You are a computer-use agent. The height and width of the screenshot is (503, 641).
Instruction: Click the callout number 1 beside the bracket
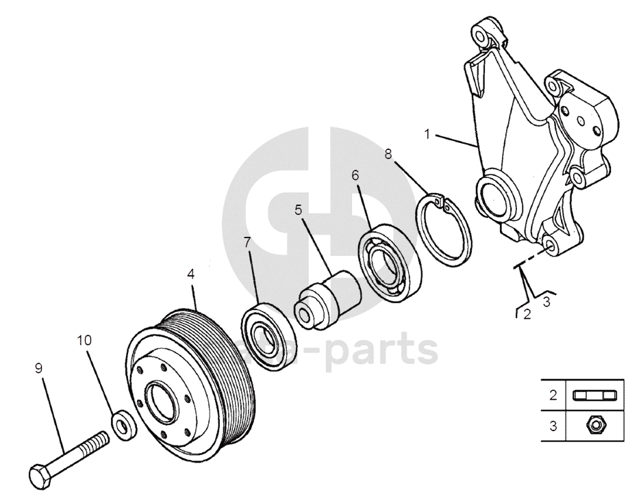pyautogui.click(x=427, y=134)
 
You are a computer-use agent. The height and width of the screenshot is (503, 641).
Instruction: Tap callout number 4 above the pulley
pyautogui.click(x=191, y=274)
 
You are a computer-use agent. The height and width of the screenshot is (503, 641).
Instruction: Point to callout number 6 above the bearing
pyautogui.click(x=355, y=175)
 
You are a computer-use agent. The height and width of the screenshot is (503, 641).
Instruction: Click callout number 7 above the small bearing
pyautogui.click(x=247, y=242)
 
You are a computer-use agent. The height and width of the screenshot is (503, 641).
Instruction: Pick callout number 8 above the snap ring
pyautogui.click(x=388, y=153)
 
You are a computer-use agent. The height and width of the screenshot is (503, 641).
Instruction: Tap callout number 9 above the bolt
pyautogui.click(x=39, y=368)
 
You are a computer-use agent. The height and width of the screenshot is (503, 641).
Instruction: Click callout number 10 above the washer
pyautogui.click(x=83, y=339)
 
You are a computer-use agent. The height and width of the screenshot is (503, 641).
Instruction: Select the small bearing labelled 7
pyautogui.click(x=264, y=335)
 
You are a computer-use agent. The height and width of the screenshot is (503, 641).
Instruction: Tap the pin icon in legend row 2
pyautogui.click(x=593, y=395)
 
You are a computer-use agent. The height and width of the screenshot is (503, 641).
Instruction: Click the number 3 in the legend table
pyautogui.click(x=553, y=426)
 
